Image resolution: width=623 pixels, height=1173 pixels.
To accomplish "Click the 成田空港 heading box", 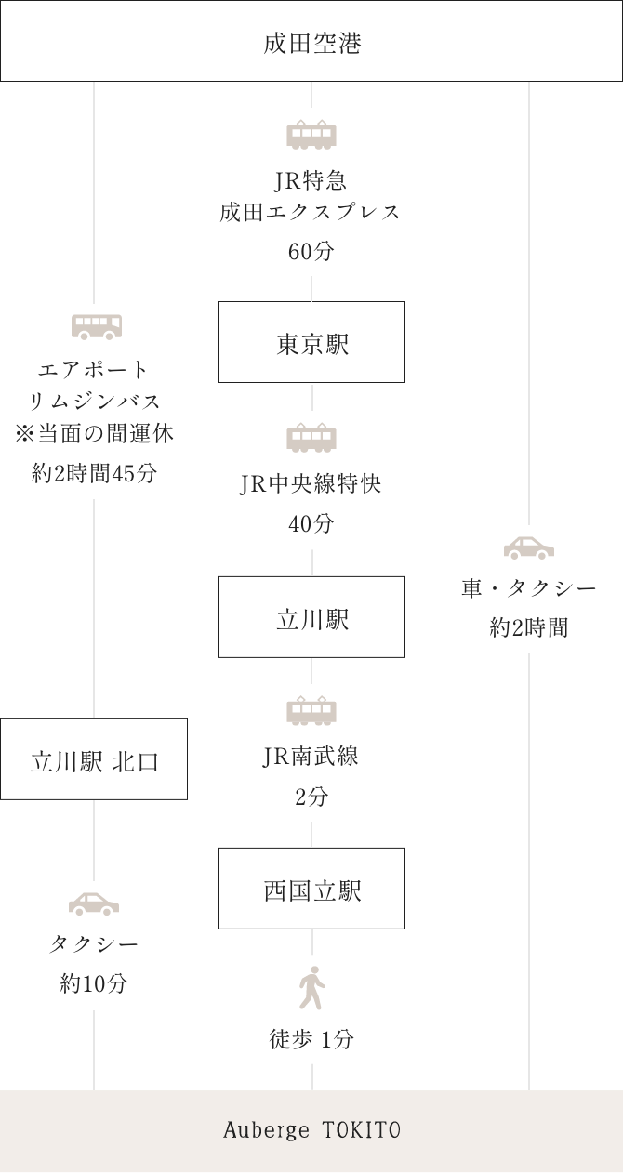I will pyautogui.click(x=311, y=43).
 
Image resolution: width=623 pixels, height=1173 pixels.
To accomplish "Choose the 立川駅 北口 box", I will pyautogui.click(x=94, y=761).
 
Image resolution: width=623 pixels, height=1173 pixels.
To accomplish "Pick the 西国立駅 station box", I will pyautogui.click(x=311, y=890).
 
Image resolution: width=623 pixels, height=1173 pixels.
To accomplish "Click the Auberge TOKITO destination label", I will pyautogui.click(x=311, y=1130).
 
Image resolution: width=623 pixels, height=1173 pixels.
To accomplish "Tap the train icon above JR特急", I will pyautogui.click(x=311, y=135).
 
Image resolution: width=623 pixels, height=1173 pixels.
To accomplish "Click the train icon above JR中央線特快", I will pyautogui.click(x=311, y=437).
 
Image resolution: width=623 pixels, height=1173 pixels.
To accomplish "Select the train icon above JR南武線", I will pyautogui.click(x=311, y=710).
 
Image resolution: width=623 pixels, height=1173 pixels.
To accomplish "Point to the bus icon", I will pyautogui.click(x=97, y=325).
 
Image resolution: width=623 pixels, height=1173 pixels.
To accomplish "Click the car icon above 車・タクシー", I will pyautogui.click(x=529, y=547).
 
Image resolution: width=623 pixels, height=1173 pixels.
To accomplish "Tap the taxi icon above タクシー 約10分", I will pyautogui.click(x=94, y=903).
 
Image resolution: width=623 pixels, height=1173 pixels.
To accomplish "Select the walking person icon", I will pyautogui.click(x=311, y=988).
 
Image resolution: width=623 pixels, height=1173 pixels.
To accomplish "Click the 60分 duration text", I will pyautogui.click(x=311, y=252).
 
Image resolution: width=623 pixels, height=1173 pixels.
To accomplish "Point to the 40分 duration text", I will pyautogui.click(x=311, y=524).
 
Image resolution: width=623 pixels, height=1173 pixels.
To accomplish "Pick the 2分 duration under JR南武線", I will pyautogui.click(x=311, y=797).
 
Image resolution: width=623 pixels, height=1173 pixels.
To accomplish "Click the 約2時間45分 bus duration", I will pyautogui.click(x=94, y=473).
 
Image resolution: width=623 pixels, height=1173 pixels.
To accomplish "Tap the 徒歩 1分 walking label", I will pyautogui.click(x=311, y=1039).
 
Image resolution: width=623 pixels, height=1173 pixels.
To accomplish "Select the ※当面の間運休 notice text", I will pyautogui.click(x=94, y=433).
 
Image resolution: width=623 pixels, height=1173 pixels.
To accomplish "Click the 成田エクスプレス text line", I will pyautogui.click(x=311, y=212).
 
